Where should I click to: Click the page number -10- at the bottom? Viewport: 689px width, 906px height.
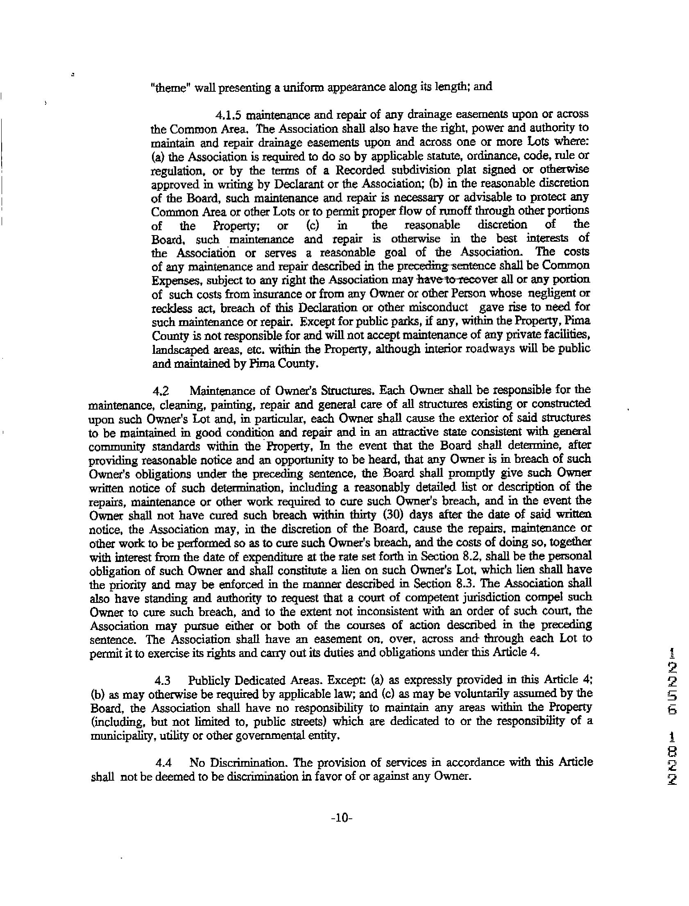(341, 829)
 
